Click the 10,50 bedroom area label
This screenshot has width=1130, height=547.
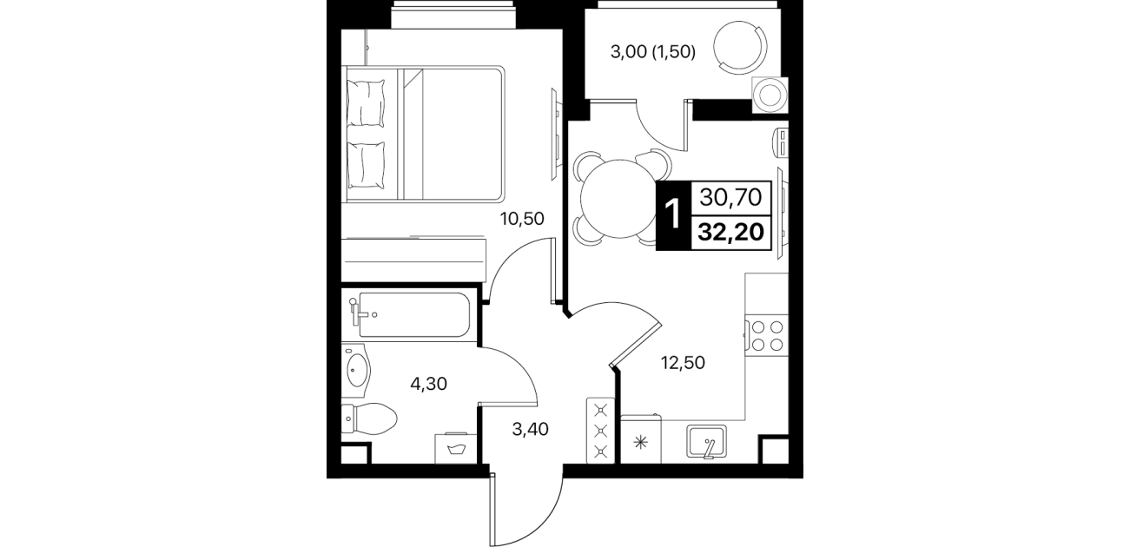522,218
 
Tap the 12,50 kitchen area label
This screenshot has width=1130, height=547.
683,362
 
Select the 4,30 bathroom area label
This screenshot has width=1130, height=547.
429,385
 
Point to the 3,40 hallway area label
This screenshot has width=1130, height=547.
530,429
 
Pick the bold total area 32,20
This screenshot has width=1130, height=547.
731,233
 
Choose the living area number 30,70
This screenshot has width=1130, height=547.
731,197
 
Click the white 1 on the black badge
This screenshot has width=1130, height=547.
673,214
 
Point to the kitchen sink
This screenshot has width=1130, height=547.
707,443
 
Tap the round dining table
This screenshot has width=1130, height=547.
618,198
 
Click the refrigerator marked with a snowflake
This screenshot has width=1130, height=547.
641,439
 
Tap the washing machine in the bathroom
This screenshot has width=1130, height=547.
456,448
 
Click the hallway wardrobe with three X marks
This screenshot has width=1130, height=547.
600,431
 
